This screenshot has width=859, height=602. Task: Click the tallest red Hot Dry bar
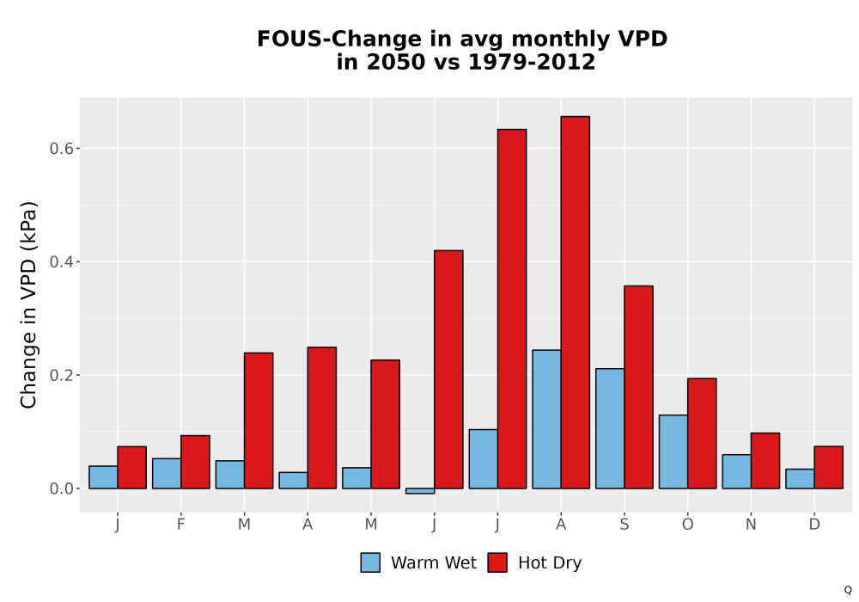576,302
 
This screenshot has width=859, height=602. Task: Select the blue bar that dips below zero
420,491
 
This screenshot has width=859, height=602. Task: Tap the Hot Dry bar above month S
639,387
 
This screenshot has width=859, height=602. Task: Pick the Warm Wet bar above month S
610,428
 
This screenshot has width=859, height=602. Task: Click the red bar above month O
702,433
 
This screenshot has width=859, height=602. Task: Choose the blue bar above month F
167,473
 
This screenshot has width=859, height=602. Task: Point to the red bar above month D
828,467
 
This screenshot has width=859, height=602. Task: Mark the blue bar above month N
737,471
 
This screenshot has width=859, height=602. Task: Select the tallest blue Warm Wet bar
546,419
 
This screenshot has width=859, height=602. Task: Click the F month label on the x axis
180,525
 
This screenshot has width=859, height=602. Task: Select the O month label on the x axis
687,525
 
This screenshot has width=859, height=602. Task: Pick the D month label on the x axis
814,525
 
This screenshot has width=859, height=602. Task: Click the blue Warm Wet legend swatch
370,562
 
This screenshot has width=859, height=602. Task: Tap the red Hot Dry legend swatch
497,562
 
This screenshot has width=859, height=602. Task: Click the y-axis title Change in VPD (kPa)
28,305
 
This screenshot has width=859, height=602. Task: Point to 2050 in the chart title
395,62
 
